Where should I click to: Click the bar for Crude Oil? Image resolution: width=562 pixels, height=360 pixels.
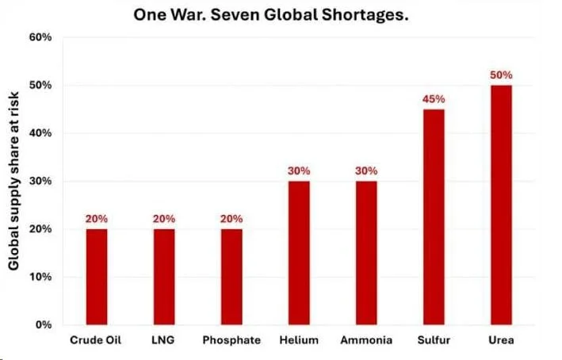(97, 277)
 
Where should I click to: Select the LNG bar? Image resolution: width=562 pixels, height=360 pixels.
(164, 277)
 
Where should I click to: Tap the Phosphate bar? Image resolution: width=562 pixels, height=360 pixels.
(231, 277)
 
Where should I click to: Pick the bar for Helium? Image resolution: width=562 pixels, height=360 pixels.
(299, 253)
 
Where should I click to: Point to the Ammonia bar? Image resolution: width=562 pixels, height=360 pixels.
(366, 253)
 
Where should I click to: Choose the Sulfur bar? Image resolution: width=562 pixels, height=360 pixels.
(434, 217)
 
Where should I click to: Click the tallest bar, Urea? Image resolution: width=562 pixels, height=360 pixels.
(501, 205)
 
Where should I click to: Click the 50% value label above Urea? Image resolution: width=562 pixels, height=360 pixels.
(501, 75)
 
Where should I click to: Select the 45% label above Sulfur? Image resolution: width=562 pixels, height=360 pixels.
(434, 99)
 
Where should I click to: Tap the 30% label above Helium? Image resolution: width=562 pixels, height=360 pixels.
(299, 170)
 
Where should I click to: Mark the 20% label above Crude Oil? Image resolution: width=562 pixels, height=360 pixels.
(97, 219)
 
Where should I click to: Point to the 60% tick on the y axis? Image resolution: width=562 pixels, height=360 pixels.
(40, 37)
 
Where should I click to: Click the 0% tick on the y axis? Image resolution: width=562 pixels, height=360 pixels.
(44, 325)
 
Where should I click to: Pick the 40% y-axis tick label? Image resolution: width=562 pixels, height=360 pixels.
(40, 133)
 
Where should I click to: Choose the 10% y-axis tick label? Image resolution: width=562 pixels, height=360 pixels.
(40, 278)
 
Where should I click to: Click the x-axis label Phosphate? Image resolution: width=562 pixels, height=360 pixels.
(231, 340)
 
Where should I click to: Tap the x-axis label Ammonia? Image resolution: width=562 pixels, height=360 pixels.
(366, 340)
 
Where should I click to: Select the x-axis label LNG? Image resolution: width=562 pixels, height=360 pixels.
(164, 340)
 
